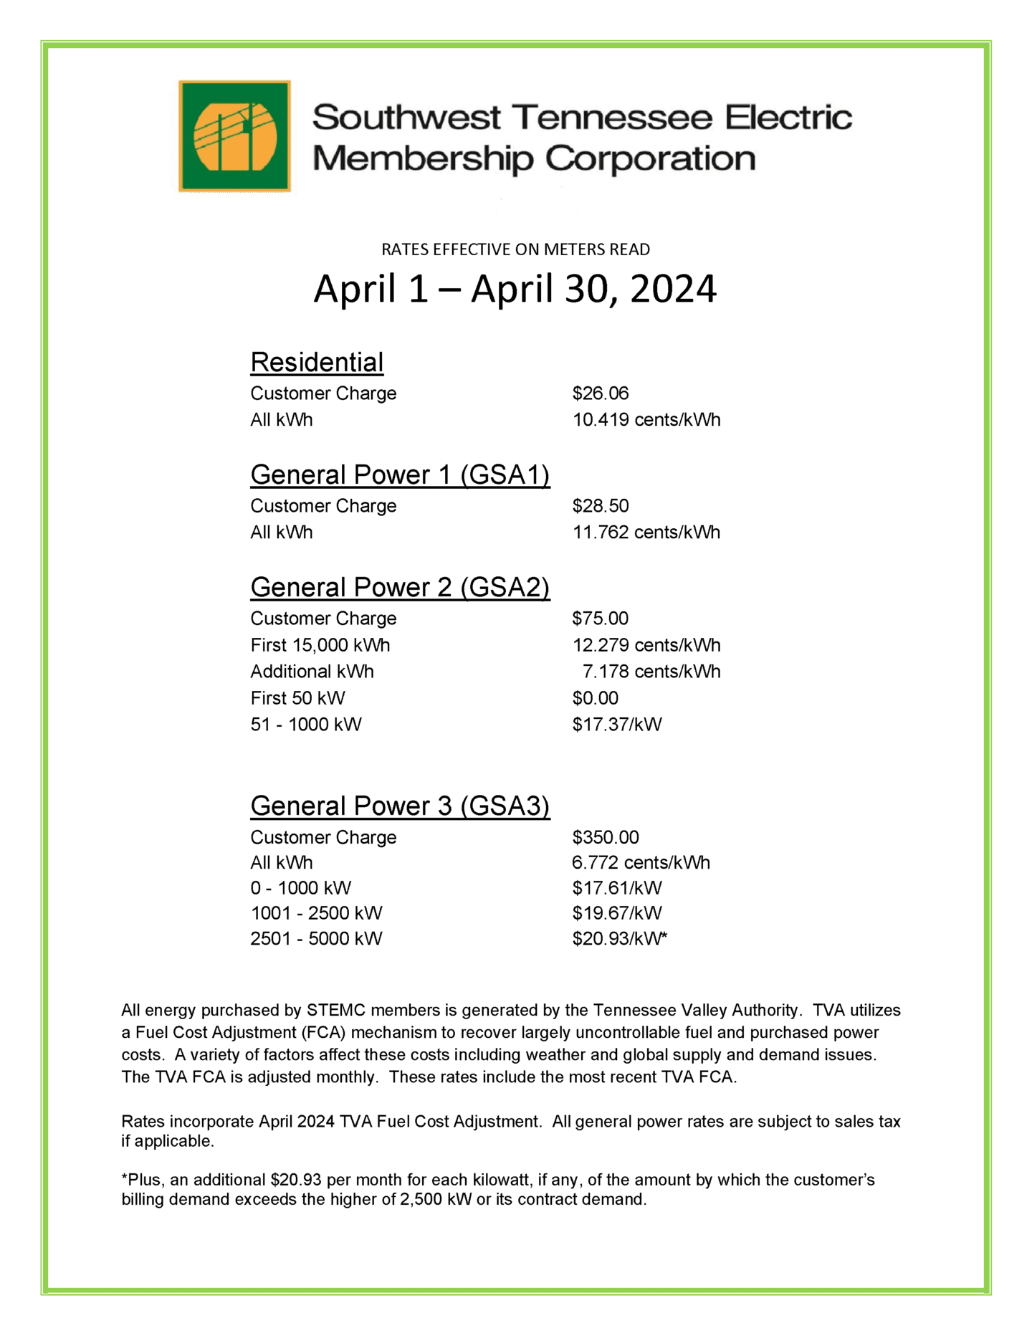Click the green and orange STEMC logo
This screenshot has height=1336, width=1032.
coord(234,135)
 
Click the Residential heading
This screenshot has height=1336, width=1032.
coord(317,362)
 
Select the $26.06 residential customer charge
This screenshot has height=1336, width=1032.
coord(600,393)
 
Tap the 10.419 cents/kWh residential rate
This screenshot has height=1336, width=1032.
coord(646,419)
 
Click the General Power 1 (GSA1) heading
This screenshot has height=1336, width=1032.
coord(400,474)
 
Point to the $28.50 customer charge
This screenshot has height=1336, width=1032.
coord(600,505)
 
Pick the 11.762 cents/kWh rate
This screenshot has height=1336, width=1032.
coord(646,532)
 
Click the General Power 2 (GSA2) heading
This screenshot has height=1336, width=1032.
coord(400,587)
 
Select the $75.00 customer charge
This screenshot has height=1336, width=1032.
coord(600,618)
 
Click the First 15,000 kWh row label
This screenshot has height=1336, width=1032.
coord(320,645)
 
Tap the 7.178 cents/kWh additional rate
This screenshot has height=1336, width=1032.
coord(651,672)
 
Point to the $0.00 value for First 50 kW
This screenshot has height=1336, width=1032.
coord(595,698)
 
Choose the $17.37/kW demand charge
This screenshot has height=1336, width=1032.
coord(616,725)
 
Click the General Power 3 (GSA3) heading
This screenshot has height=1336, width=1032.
coord(400,806)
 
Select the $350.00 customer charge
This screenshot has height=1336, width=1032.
coord(605,837)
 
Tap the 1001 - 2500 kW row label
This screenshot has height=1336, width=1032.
coord(316,913)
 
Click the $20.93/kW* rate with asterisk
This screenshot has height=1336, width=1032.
coord(619,938)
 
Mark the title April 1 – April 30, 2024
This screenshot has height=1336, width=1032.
coord(515,289)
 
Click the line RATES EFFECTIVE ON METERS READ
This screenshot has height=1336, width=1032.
coord(515,249)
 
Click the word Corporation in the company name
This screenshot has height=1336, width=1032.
coord(650,159)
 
